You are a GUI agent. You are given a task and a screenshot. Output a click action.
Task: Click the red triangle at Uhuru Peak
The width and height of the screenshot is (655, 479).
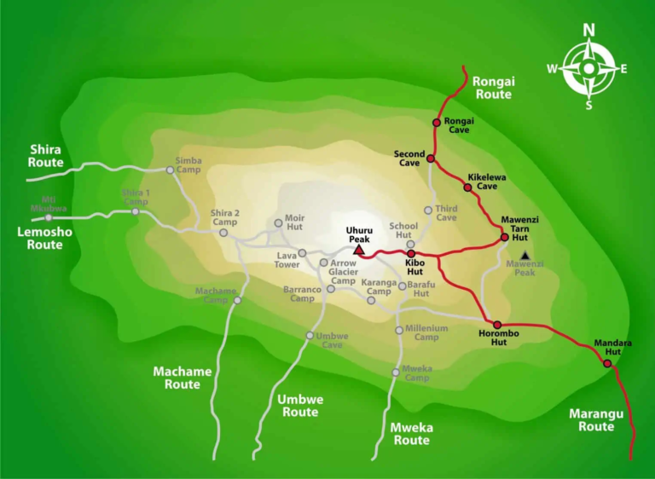pos(359,250)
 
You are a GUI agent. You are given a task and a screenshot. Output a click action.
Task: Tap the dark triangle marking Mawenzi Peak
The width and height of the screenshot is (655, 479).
pos(525,256)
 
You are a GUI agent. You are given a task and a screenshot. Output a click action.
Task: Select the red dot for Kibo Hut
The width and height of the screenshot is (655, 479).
pos(410,253)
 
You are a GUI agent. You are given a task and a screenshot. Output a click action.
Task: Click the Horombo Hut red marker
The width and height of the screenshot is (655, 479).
pos(497,325)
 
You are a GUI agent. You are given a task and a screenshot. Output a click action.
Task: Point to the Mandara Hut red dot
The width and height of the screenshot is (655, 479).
pos(607,364)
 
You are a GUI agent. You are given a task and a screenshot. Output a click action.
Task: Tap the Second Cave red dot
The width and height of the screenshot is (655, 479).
pos(431,159)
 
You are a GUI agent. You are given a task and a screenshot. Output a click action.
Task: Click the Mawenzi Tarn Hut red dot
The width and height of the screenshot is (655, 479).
pos(505,237)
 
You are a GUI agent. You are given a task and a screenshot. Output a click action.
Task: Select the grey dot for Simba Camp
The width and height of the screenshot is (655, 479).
pos(170,170)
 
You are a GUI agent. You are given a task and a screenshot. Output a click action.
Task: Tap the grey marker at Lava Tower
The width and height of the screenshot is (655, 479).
pos(302,253)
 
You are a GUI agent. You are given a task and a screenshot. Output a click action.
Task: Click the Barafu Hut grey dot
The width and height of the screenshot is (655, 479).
pos(402,286)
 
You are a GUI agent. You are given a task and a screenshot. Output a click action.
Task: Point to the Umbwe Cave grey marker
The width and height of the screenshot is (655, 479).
pos(310,335)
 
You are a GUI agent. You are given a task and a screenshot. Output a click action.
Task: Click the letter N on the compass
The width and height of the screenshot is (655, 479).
pos(588,31)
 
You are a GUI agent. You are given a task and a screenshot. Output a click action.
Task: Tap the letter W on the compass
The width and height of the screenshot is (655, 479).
pos(553,69)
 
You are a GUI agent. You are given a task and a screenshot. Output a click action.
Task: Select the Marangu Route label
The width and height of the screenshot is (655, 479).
pos(596,420)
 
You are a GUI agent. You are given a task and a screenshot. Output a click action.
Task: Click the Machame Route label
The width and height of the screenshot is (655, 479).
pos(177,378)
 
